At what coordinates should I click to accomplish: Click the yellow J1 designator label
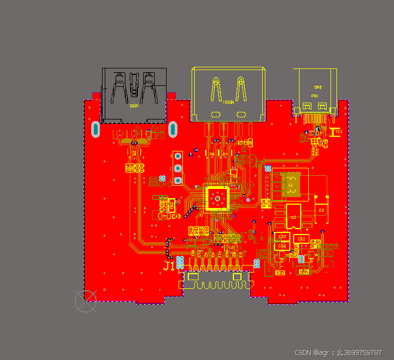point(169,266)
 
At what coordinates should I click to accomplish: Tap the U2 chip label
point(293,217)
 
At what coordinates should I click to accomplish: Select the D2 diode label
point(321,210)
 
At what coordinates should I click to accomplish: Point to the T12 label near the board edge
point(338,131)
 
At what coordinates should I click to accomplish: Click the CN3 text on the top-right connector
point(318,87)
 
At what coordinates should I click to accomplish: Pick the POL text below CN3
point(315,96)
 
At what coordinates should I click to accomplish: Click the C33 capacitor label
point(282,237)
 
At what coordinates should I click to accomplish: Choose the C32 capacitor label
point(302,239)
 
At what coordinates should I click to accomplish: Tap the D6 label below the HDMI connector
point(212,154)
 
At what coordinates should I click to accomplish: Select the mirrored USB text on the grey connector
point(134,106)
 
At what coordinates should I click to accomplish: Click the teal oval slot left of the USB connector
point(96,129)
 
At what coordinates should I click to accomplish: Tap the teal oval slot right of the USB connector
point(173,129)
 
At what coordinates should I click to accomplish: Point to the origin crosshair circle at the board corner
point(85,301)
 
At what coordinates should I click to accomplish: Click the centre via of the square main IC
point(217,198)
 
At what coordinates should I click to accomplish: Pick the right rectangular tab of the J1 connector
point(237,277)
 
